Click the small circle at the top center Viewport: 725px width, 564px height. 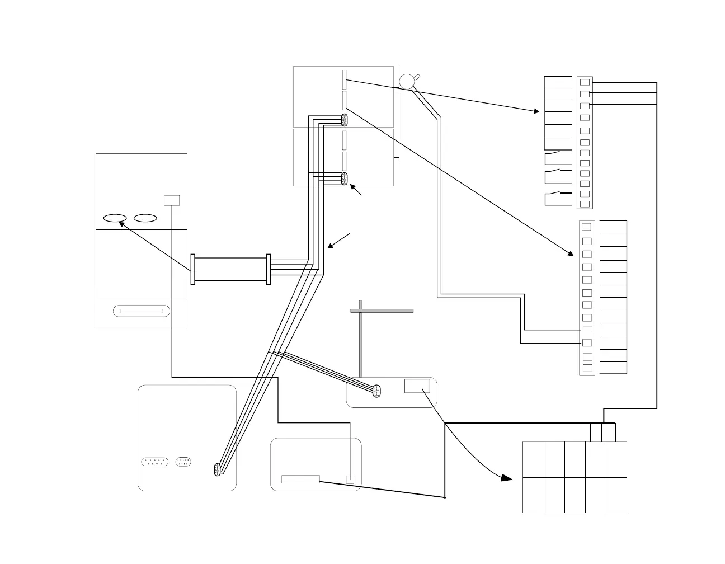pyautogui.click(x=407, y=81)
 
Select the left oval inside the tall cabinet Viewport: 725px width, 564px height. pyautogui.click(x=115, y=218)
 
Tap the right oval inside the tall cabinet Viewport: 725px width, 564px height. pyautogui.click(x=145, y=218)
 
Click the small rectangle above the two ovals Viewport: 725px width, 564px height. pyautogui.click(x=172, y=200)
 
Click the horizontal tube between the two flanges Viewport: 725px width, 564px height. pyautogui.click(x=231, y=269)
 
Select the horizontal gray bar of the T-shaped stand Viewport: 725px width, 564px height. pyautogui.click(x=382, y=310)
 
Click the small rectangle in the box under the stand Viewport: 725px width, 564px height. pyautogui.click(x=417, y=386)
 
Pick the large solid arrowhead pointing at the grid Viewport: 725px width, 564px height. pyautogui.click(x=507, y=478)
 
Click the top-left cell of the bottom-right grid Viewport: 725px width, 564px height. pyautogui.click(x=533, y=459)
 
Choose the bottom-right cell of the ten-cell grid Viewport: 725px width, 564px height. pyautogui.click(x=616, y=495)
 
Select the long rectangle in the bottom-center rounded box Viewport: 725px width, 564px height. pyautogui.click(x=300, y=479)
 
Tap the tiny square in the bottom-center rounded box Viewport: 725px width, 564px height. pyautogui.click(x=350, y=479)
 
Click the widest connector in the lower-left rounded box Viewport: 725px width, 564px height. pyautogui.click(x=154, y=462)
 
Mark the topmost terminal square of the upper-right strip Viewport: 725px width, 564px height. pyautogui.click(x=585, y=82)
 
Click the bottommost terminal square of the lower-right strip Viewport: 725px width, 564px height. pyautogui.click(x=587, y=368)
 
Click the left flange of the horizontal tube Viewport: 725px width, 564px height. pyautogui.click(x=193, y=269)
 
